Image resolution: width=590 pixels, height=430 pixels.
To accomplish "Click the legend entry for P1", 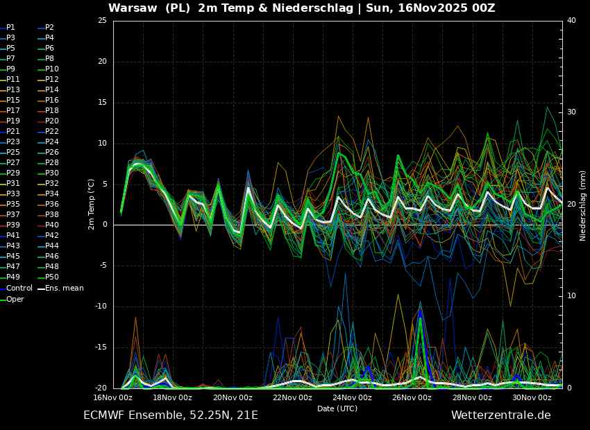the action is pos(8,28).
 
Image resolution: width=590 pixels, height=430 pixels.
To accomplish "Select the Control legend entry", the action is pos(16,289).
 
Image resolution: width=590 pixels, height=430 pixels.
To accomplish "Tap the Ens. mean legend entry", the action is pos(61,289).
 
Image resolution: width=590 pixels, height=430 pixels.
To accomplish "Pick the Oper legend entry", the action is pos(12,299).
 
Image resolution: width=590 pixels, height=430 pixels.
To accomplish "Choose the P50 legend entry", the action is pos(49,277).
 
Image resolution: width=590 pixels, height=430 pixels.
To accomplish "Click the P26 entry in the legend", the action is pos(49,152).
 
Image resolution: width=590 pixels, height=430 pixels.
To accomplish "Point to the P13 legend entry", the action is pos(10,90).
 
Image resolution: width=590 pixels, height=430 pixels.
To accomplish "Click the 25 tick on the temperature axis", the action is pos(102,21).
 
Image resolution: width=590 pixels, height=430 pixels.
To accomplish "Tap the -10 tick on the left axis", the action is pos(101,307).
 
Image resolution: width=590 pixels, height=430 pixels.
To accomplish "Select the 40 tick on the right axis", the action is pos(571,21).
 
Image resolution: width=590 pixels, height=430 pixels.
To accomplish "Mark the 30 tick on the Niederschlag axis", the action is pos(571,112).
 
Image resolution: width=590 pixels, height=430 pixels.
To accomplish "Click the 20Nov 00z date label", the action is pos(233,397).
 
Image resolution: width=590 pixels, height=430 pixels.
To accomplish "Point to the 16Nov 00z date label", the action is pos(114,397).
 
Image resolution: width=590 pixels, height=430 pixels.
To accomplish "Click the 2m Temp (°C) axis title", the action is pos(92,204).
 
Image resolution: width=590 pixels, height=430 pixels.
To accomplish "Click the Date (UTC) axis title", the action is pos(337,409).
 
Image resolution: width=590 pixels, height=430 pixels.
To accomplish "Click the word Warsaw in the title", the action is pos(133,8).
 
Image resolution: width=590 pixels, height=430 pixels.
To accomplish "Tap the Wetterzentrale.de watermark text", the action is pos(501,415).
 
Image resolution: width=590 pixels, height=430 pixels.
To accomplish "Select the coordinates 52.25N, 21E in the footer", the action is pos(221,415).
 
